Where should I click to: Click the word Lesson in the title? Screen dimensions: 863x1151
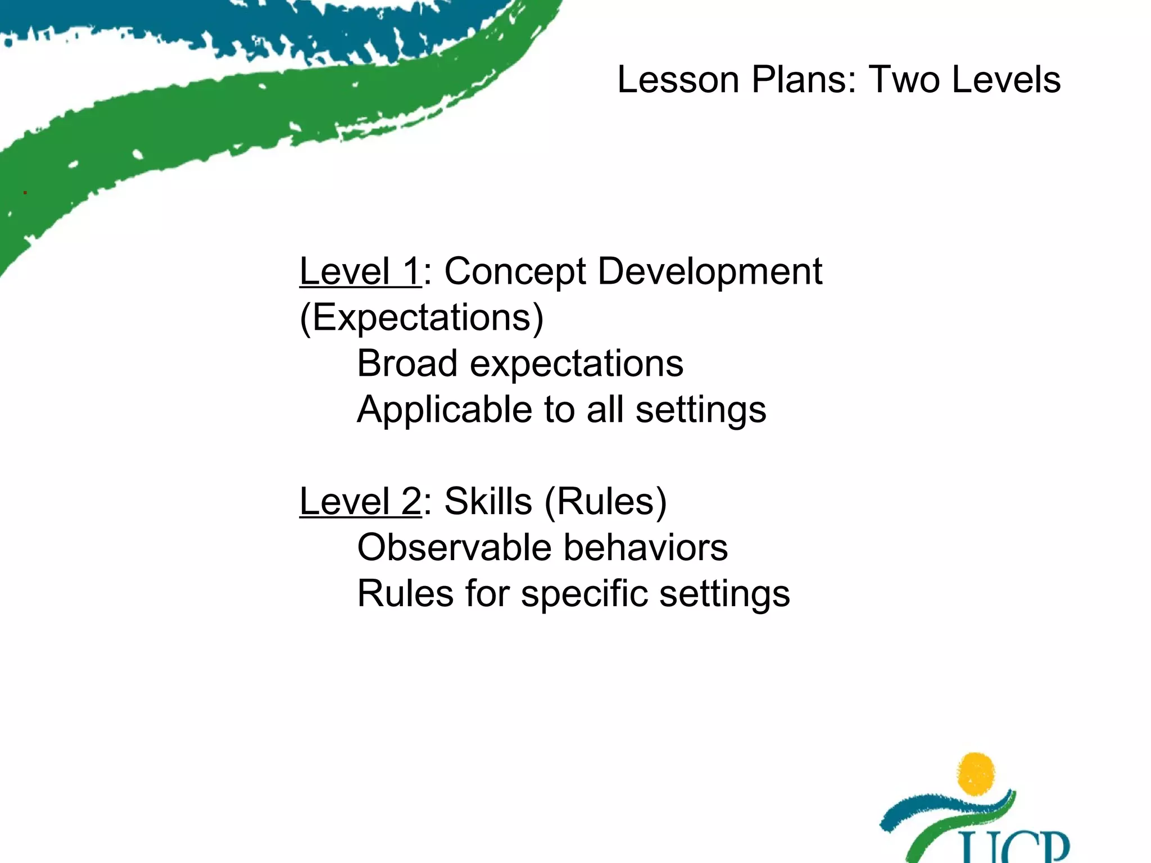tap(677, 79)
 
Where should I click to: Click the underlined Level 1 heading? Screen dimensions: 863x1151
tap(360, 271)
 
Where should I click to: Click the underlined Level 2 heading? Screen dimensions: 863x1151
tap(360, 501)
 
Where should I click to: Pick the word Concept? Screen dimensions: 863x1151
tap(515, 272)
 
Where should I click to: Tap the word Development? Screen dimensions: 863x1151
tap(710, 272)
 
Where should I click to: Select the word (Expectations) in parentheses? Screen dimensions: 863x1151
tap(422, 318)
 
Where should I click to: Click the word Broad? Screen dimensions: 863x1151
tap(407, 364)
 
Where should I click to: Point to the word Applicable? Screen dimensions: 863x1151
tap(444, 410)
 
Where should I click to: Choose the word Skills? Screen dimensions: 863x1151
tap(488, 501)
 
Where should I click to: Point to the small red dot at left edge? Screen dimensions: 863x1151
tap(25, 193)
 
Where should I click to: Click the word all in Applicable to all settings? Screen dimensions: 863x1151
tap(605, 410)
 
